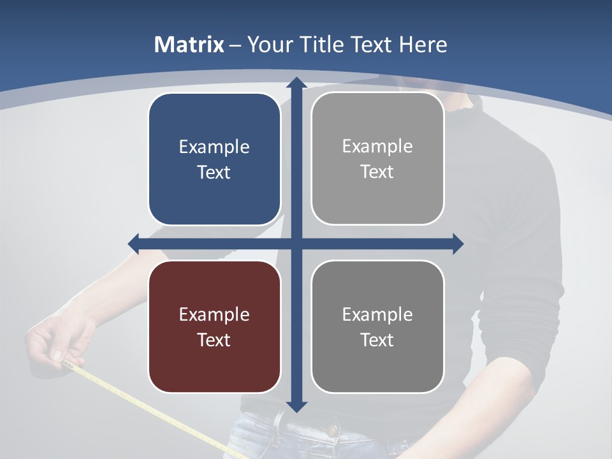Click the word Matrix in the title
tap(189, 45)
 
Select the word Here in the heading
tap(423, 45)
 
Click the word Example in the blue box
tap(214, 147)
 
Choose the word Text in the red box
tap(214, 340)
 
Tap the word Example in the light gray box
tap(377, 147)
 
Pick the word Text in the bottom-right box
tap(377, 340)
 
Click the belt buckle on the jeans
tap(279, 422)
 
